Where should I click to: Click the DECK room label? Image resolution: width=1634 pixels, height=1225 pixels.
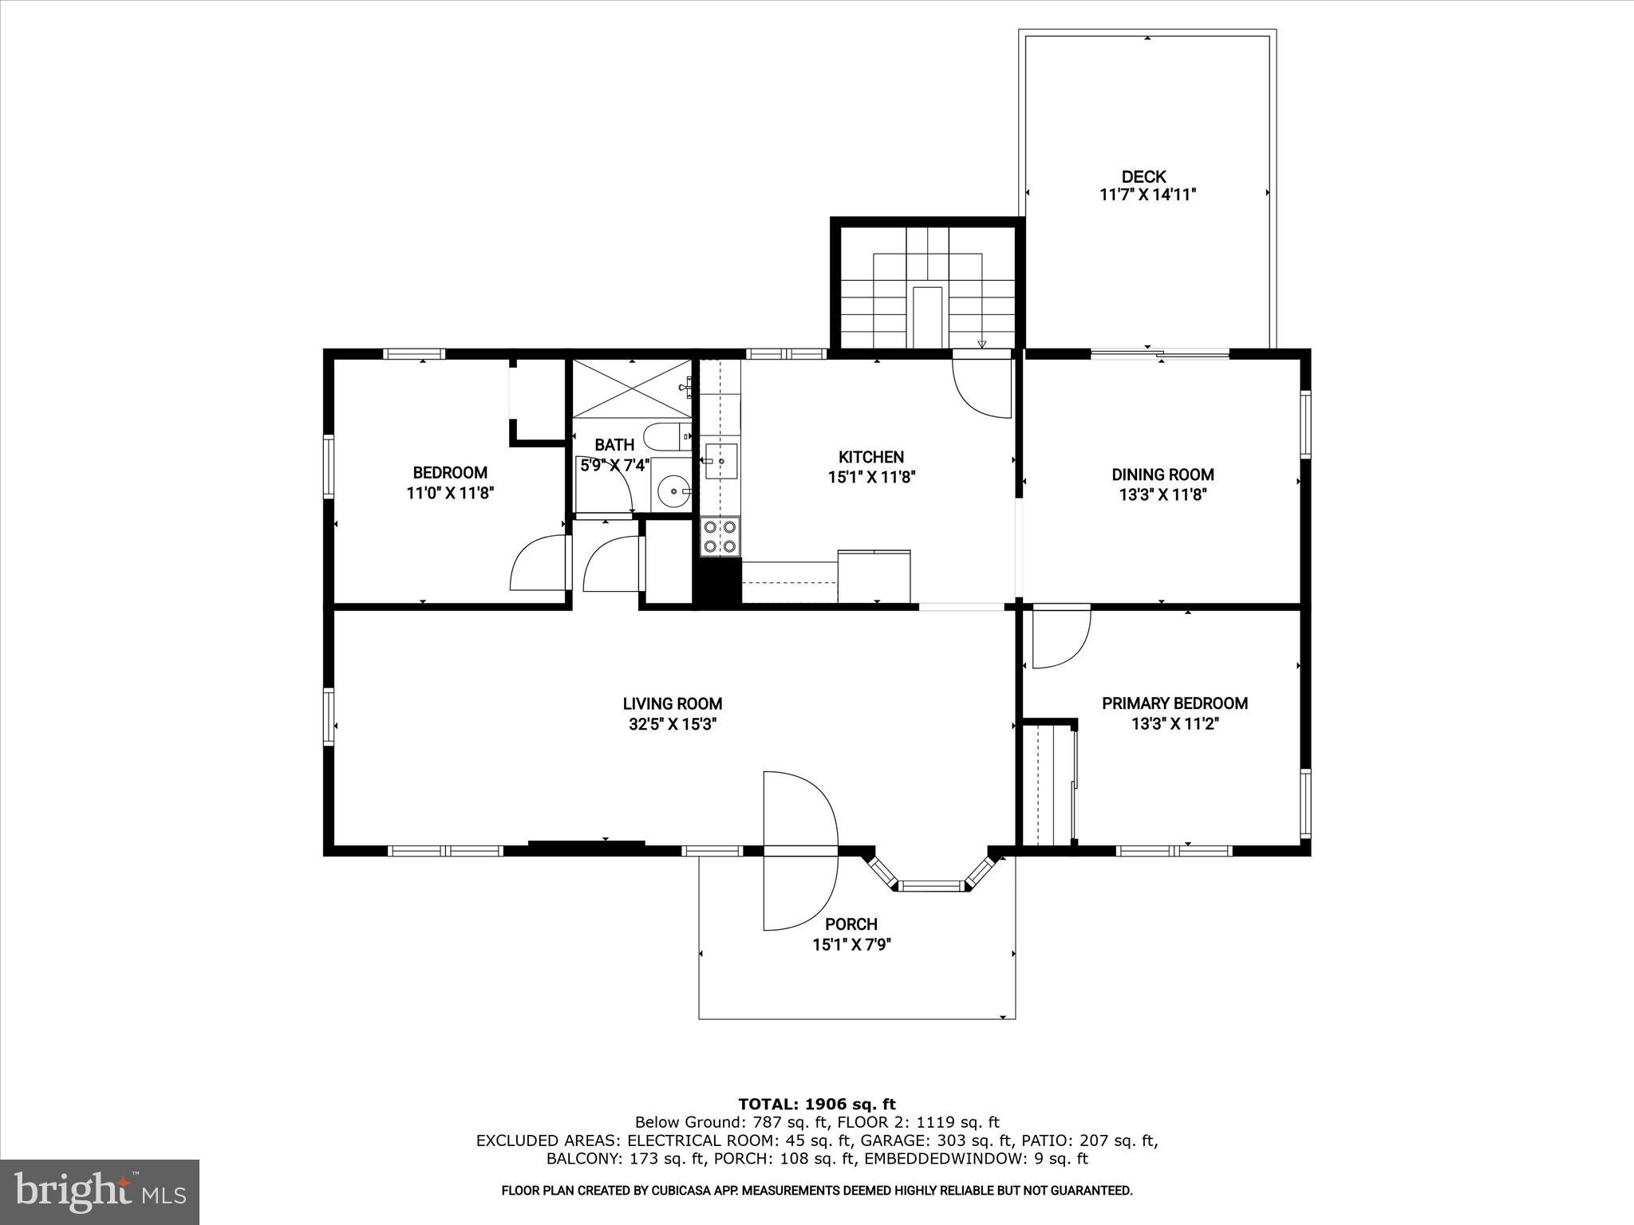pyautogui.click(x=1143, y=177)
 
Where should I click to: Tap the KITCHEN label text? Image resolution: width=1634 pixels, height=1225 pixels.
pyautogui.click(x=870, y=457)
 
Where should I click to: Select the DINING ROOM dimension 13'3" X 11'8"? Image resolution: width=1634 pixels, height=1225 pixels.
pyautogui.click(x=1162, y=494)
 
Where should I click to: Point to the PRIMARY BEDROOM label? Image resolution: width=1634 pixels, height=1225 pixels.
pyautogui.click(x=1174, y=703)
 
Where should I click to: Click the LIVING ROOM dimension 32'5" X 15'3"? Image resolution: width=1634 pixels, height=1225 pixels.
pyautogui.click(x=672, y=725)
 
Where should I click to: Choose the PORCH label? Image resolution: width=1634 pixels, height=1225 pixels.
pyautogui.click(x=851, y=924)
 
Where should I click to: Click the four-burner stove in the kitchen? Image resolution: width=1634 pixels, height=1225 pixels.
pyautogui.click(x=720, y=536)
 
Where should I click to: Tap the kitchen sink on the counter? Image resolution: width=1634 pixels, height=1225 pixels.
pyautogui.click(x=721, y=460)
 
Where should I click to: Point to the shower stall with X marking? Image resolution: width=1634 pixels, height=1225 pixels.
pyautogui.click(x=632, y=388)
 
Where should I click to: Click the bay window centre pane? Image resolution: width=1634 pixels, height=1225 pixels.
pyautogui.click(x=932, y=885)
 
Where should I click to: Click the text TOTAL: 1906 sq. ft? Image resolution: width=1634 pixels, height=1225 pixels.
pyautogui.click(x=816, y=1105)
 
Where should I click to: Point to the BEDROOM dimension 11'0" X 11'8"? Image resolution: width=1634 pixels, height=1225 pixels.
pyautogui.click(x=450, y=494)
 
